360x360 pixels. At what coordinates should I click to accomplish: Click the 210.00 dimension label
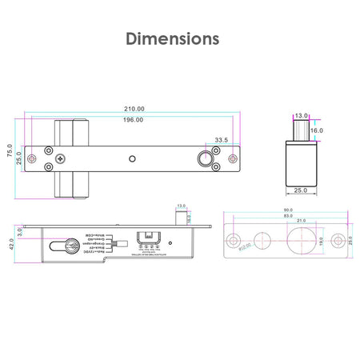coord(134,109)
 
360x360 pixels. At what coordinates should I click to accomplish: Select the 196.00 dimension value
coord(134,120)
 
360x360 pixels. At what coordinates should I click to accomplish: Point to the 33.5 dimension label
coord(222,140)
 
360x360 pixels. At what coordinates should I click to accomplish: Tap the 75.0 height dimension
coord(10,152)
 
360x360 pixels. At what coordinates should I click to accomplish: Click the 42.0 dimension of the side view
coord(10,246)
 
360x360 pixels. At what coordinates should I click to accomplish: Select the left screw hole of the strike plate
coord(234,241)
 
